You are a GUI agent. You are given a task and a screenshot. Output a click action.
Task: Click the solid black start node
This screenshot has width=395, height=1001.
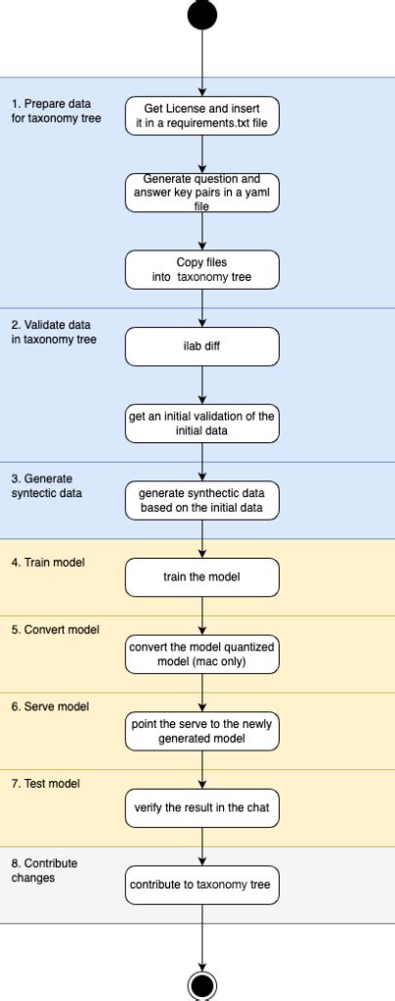coord(201,14)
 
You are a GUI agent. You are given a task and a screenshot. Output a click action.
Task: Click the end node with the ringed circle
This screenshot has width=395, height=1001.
coord(201,984)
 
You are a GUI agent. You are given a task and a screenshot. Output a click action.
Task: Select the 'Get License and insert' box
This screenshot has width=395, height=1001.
coord(201,115)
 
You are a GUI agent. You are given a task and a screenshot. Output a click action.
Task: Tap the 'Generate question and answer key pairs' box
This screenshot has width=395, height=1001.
coord(201,192)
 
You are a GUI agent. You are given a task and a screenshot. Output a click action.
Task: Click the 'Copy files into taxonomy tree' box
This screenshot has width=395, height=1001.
coord(201,269)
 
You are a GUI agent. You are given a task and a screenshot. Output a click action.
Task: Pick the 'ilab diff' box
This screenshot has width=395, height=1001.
coord(201,346)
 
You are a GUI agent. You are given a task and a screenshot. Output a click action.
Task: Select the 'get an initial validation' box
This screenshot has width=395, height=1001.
coord(201,423)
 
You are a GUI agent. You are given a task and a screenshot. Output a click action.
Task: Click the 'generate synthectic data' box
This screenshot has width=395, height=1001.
coord(201,500)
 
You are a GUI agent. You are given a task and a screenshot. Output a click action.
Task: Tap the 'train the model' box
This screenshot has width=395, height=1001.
coord(201,577)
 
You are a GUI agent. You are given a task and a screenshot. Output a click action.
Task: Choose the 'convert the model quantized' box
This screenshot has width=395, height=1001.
coord(201,654)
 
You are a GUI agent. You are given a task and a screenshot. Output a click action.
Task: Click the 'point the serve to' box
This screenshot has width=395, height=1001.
coord(201,731)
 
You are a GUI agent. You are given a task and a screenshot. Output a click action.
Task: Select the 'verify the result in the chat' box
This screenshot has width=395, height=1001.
coord(201,808)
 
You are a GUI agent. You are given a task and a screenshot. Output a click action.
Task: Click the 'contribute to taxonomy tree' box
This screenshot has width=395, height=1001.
coord(201,885)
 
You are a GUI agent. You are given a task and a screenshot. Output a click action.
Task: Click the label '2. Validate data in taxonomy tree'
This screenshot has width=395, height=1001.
coord(54,333)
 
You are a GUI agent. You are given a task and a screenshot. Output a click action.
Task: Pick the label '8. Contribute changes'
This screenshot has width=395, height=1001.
coord(45,871)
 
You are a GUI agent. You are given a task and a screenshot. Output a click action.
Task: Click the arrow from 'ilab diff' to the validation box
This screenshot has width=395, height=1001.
coord(201,385)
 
